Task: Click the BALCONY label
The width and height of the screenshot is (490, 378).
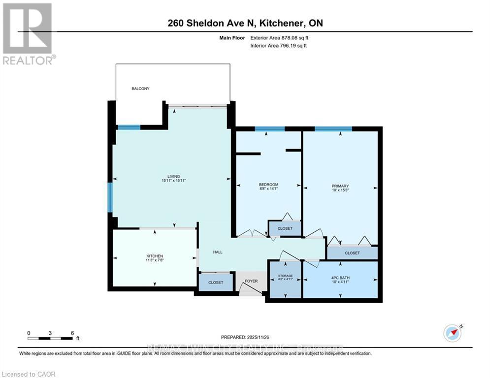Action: pyautogui.click(x=140, y=89)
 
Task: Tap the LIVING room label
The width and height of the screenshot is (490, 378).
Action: pyautogui.click(x=173, y=177)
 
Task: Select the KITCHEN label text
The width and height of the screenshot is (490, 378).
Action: pyautogui.click(x=154, y=256)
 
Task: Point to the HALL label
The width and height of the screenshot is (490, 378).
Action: pyautogui.click(x=218, y=252)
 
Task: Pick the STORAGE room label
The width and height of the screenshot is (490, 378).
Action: pyautogui.click(x=285, y=276)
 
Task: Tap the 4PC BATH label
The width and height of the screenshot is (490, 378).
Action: pyautogui.click(x=340, y=278)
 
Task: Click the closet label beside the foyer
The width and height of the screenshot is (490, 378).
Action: pyautogui.click(x=216, y=283)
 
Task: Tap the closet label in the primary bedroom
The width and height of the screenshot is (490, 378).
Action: pyautogui.click(x=352, y=253)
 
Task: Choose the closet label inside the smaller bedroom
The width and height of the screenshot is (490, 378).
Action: pyautogui.click(x=285, y=228)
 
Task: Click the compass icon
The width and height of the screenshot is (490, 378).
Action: pyautogui.click(x=452, y=333)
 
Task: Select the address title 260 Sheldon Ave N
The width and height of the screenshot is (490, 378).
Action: pyautogui.click(x=245, y=23)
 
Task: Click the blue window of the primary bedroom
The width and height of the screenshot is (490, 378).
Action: pyautogui.click(x=333, y=129)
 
